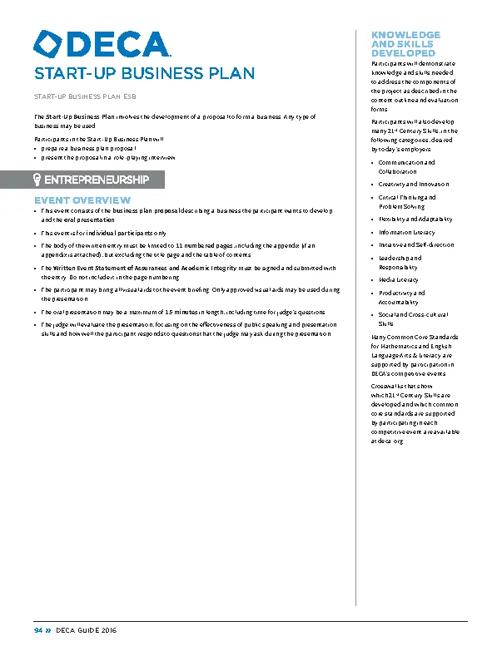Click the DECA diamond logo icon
(47, 44)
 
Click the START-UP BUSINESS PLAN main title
(144, 73)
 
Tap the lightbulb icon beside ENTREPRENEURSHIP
(37, 180)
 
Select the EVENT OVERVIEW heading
(82, 200)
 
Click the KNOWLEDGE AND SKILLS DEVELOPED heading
(405, 43)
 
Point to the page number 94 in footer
(38, 631)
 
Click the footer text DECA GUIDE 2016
(87, 631)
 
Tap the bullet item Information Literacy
(406, 233)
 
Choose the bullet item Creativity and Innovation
(413, 185)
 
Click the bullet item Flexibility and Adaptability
(415, 219)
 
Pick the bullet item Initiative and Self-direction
(416, 245)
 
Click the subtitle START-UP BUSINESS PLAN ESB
(86, 96)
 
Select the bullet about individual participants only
(104, 234)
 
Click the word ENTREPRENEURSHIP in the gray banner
(96, 180)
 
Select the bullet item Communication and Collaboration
(406, 167)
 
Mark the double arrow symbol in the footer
(48, 631)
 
